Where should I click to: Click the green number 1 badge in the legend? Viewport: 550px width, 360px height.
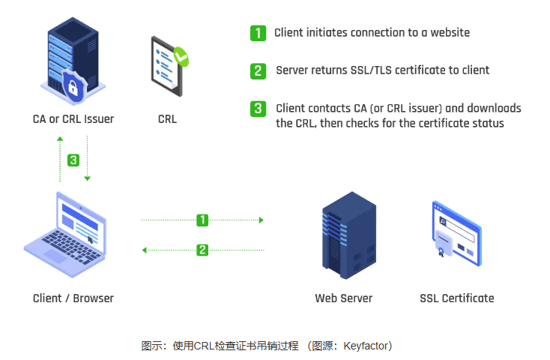(257, 33)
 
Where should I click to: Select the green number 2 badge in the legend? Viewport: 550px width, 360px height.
(257, 70)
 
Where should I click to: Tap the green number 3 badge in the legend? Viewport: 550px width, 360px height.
(257, 109)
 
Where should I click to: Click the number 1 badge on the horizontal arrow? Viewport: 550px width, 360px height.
(202, 220)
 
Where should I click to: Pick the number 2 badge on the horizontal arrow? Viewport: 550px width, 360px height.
(202, 250)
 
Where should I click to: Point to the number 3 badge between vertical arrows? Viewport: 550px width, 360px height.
(73, 160)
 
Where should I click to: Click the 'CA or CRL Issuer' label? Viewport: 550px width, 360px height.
(73, 119)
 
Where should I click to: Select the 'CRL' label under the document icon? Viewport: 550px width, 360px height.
(168, 119)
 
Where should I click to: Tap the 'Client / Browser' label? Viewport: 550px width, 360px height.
(73, 298)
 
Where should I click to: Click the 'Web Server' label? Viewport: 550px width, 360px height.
(343, 298)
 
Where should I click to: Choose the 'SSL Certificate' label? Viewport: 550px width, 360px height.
(457, 298)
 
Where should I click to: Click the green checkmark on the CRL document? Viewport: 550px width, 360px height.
(181, 55)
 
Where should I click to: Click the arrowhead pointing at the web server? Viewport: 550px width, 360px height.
(261, 220)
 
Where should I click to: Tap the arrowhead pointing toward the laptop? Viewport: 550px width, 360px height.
(145, 250)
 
